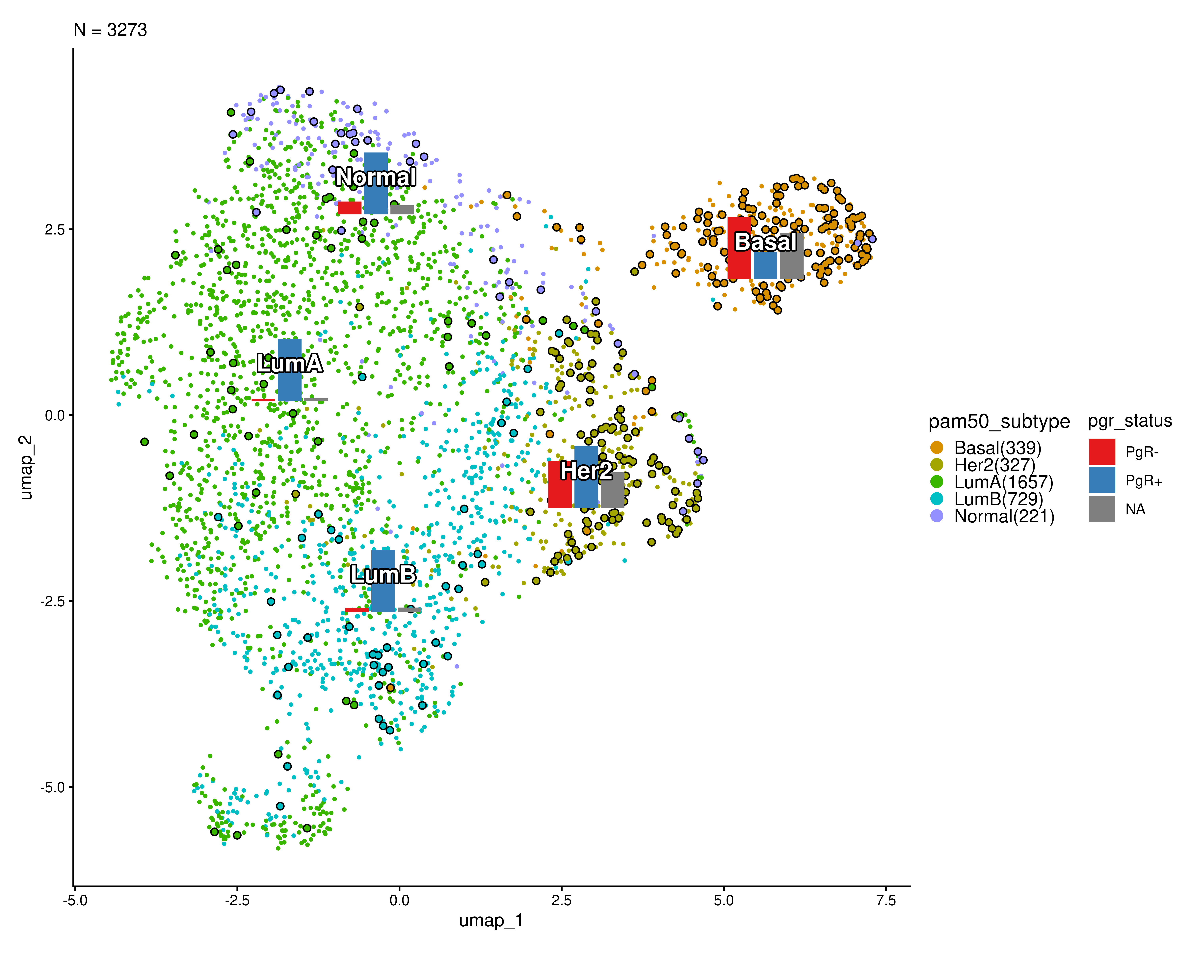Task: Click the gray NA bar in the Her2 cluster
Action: [x=613, y=490]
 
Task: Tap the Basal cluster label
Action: [x=766, y=242]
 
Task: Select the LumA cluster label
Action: [x=289, y=364]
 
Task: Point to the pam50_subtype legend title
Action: [x=999, y=422]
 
